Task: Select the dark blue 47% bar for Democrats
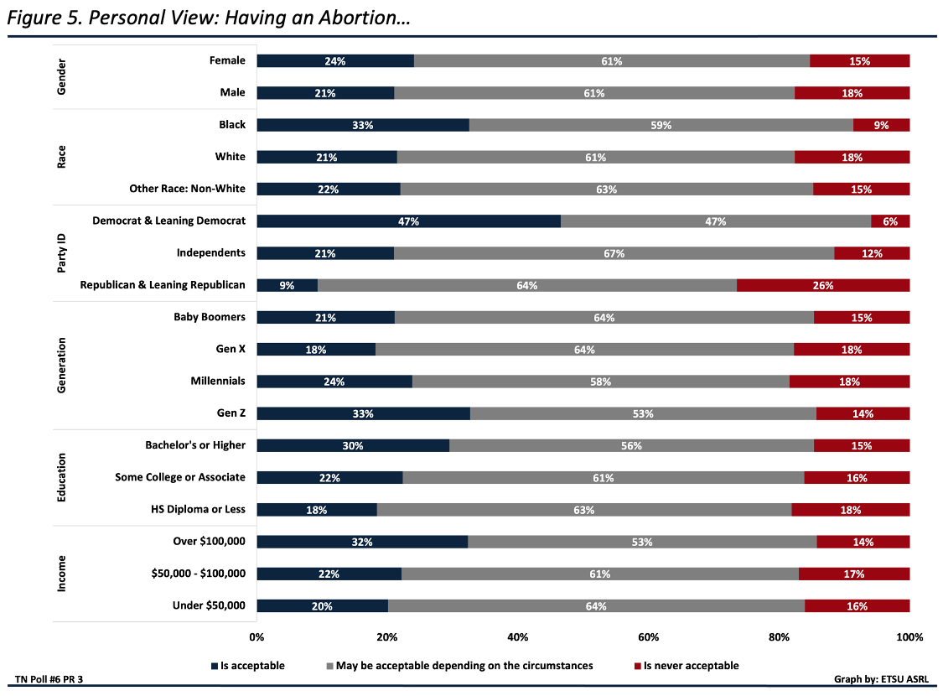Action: click(x=408, y=221)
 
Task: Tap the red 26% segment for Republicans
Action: click(x=823, y=285)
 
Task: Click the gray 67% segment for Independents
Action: click(x=614, y=253)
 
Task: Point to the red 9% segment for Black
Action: click(x=881, y=125)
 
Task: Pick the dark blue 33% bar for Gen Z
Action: click(x=363, y=413)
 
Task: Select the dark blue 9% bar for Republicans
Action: click(x=287, y=285)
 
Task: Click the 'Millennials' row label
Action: click(x=218, y=381)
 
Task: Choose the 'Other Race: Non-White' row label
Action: click(x=187, y=189)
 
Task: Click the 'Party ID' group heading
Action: click(x=61, y=253)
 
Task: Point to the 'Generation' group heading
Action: click(x=61, y=366)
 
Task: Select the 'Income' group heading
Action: click(x=61, y=574)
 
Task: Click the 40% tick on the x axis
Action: click(x=517, y=637)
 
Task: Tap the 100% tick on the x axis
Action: click(x=909, y=637)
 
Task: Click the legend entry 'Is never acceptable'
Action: click(x=691, y=666)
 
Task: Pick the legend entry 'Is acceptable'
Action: click(x=251, y=666)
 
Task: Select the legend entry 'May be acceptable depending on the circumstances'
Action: click(x=464, y=666)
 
